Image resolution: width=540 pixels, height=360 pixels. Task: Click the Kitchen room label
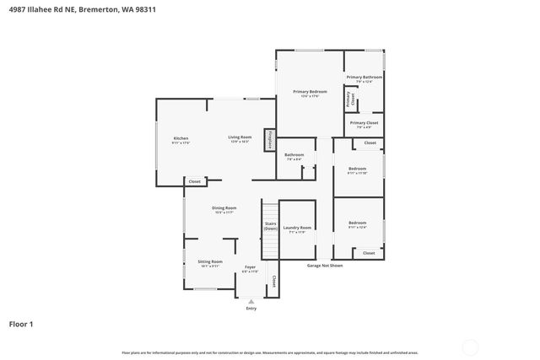click(x=181, y=139)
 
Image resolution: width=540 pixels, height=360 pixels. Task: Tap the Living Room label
click(x=240, y=138)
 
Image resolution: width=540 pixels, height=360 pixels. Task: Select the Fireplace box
click(x=270, y=140)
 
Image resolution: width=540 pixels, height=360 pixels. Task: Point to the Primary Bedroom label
click(x=310, y=92)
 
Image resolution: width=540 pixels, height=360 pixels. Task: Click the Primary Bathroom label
click(x=364, y=78)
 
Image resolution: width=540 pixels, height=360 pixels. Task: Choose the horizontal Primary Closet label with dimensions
click(x=364, y=124)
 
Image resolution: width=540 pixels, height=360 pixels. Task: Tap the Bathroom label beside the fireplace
click(x=294, y=156)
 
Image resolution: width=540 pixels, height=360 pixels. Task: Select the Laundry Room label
click(x=298, y=228)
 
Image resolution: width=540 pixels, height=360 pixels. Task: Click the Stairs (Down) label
click(x=270, y=226)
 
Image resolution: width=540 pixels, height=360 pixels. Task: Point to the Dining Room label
click(x=224, y=209)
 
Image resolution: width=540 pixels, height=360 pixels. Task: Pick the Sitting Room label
click(x=210, y=263)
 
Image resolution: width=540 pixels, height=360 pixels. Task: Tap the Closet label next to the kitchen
click(x=194, y=181)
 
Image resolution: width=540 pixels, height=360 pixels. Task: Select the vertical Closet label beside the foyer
click(x=273, y=281)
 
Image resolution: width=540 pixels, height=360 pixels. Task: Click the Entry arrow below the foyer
click(x=251, y=301)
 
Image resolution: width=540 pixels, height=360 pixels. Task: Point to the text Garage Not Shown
click(x=324, y=266)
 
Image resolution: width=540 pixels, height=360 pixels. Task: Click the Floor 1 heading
click(x=21, y=323)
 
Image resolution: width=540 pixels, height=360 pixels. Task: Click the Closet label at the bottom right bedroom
click(x=369, y=253)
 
